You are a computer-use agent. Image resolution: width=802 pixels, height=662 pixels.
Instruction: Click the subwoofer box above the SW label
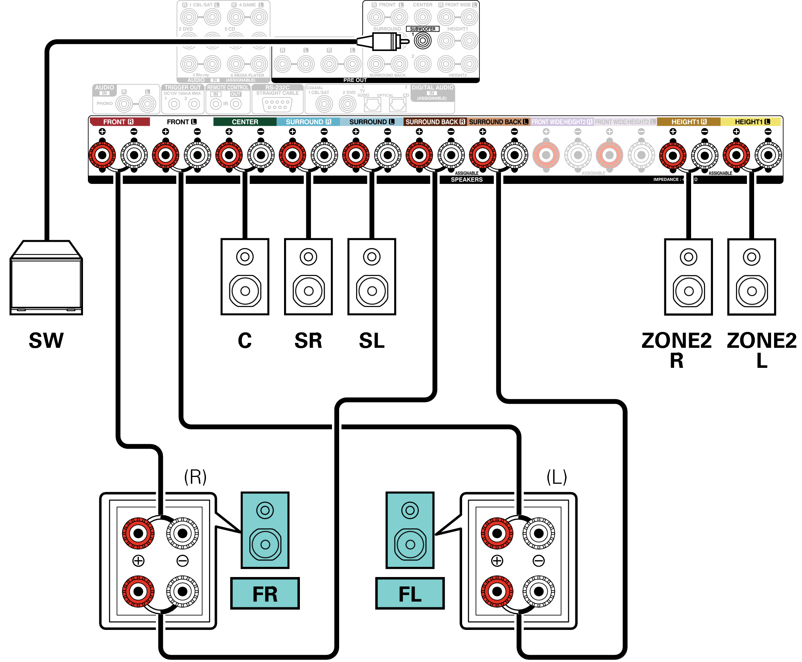[46, 278]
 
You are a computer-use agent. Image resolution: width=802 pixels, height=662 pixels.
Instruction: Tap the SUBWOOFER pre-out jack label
[422, 29]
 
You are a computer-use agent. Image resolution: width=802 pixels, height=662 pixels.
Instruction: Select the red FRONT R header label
[119, 122]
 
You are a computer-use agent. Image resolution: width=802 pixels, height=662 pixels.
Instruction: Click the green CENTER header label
[244, 122]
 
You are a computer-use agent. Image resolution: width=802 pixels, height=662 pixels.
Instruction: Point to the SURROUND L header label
[371, 122]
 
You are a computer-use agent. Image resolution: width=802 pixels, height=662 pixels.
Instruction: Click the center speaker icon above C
[244, 276]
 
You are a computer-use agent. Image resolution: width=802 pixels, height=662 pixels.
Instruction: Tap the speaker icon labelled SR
[308, 276]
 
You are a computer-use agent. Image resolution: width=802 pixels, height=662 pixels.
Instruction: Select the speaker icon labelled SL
[372, 276]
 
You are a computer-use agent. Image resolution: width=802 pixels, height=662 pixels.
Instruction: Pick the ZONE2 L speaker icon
[751, 276]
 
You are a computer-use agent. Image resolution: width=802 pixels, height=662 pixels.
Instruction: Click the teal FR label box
[265, 593]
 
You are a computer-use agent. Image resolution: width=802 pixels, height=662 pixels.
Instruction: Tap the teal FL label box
[410, 593]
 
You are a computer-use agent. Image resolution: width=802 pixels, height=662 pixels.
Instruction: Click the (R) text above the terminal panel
[195, 477]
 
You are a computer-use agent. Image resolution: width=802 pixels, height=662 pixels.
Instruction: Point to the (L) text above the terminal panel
[556, 477]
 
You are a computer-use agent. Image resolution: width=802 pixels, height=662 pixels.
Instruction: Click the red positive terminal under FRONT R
[102, 155]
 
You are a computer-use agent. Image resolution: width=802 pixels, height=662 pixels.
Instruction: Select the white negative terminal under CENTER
[261, 155]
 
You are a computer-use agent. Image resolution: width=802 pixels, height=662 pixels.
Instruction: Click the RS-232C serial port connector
[277, 104]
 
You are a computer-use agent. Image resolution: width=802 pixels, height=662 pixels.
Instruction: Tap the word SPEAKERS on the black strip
[466, 180]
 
